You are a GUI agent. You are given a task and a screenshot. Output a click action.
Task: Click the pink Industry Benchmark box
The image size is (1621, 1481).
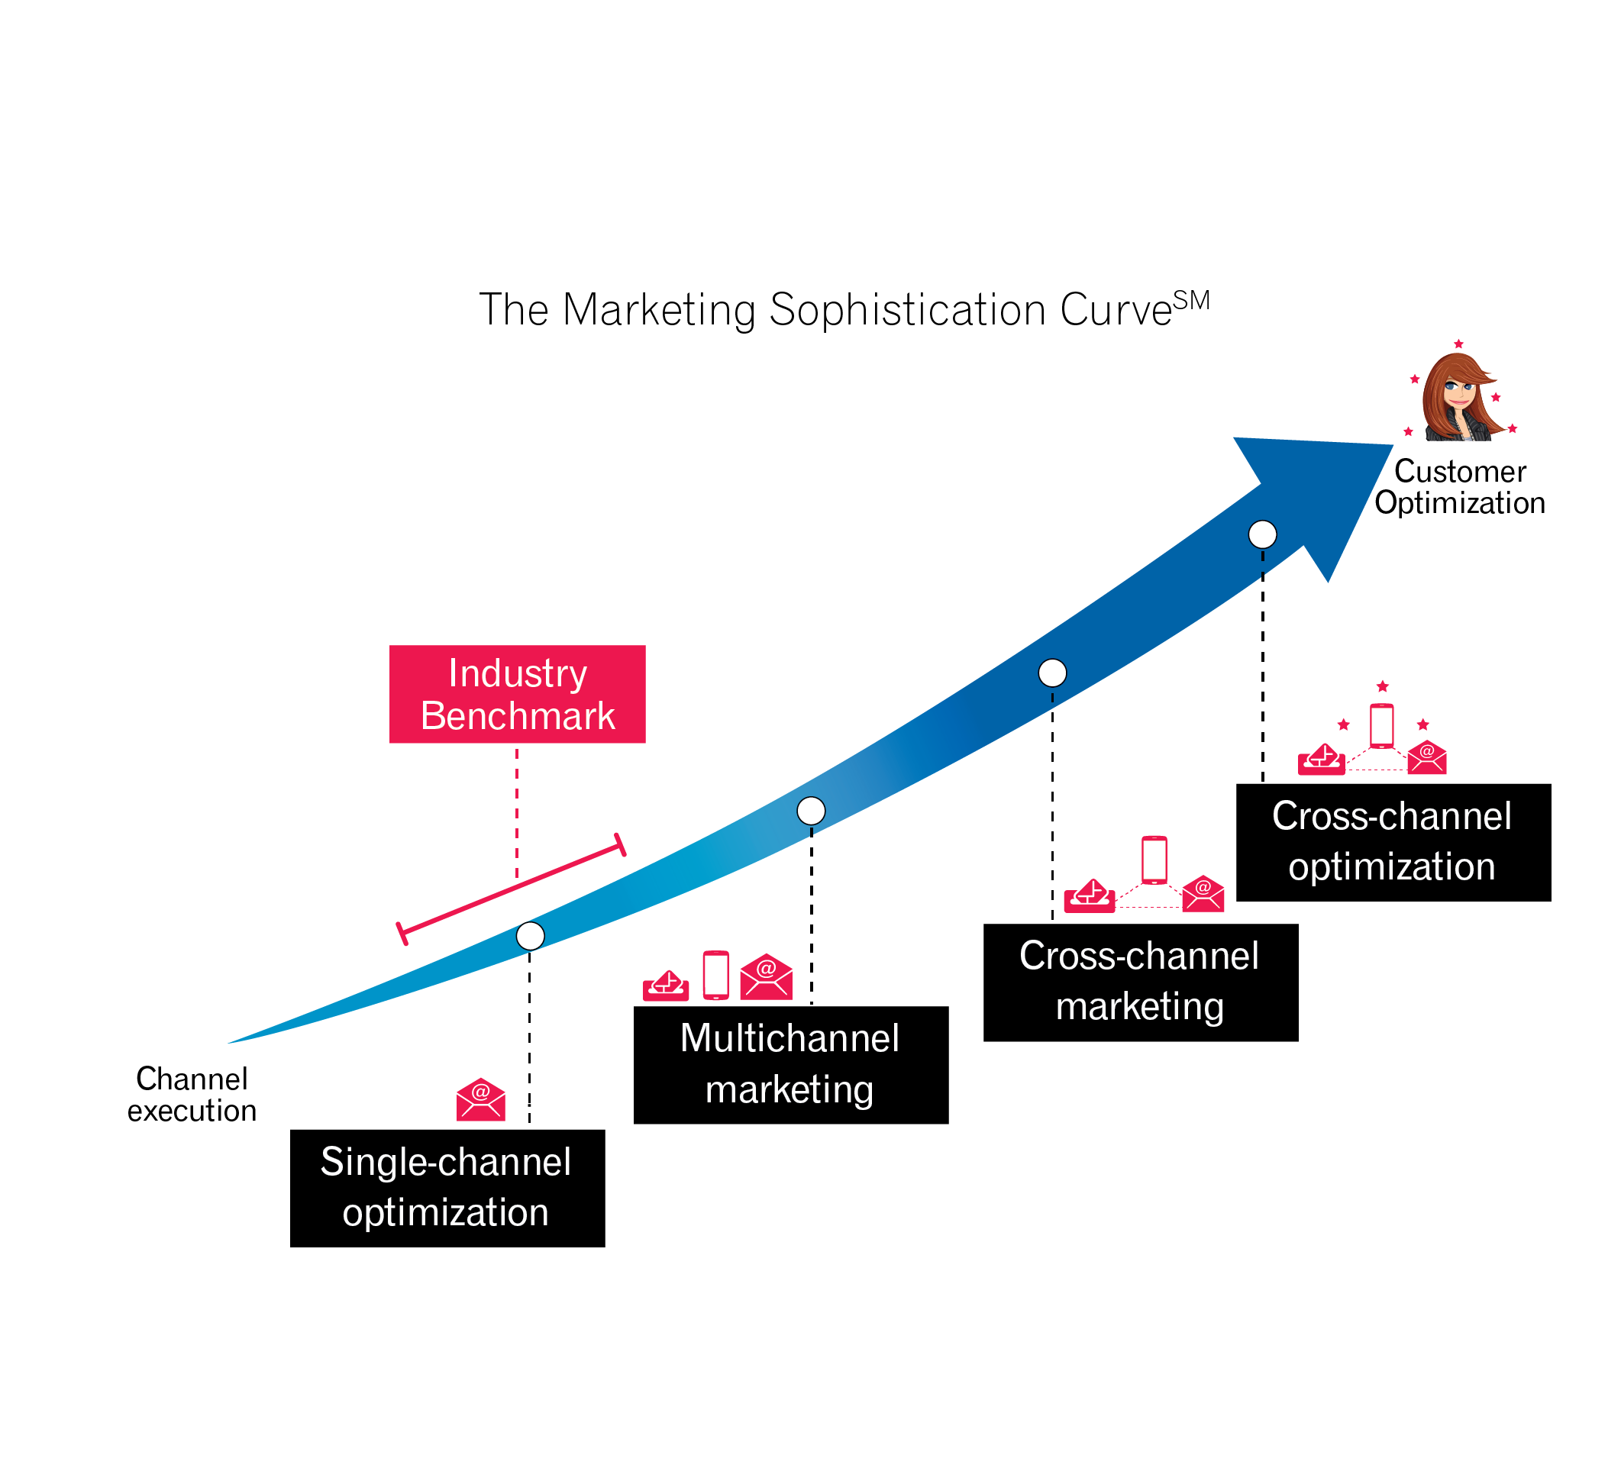click(517, 694)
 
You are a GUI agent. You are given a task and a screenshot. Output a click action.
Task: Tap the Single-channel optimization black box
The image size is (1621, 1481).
click(447, 1188)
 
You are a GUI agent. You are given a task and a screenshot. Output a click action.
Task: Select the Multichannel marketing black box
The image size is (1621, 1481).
click(790, 1064)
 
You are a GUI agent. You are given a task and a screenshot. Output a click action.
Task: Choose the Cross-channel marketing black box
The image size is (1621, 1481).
click(1140, 982)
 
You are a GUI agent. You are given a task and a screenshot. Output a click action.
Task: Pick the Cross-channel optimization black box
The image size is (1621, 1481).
click(1393, 842)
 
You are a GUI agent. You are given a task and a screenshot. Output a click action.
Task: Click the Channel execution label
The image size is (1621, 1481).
click(192, 1094)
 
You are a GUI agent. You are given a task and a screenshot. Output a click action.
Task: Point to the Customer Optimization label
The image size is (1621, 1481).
click(1459, 487)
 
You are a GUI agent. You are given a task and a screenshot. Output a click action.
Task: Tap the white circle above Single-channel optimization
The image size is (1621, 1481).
click(530, 936)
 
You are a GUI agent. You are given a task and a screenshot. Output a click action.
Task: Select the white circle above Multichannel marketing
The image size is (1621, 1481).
click(811, 811)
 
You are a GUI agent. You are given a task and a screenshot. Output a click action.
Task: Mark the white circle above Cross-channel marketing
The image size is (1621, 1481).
click(1051, 672)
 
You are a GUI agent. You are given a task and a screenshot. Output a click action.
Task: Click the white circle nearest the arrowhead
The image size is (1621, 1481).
click(1261, 534)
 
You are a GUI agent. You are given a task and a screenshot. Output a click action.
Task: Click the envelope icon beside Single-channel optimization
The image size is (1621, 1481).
click(481, 1099)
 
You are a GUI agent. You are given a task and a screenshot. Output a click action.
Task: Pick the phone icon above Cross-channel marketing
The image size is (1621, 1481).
click(1154, 860)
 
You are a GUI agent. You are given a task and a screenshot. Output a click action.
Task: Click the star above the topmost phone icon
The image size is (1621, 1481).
click(1382, 686)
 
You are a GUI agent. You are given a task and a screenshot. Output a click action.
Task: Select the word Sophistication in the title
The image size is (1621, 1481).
click(906, 311)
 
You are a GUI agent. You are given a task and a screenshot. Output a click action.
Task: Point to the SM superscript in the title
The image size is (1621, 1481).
click(1191, 301)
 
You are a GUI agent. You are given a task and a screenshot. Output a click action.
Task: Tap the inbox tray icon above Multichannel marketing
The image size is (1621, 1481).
click(666, 986)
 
